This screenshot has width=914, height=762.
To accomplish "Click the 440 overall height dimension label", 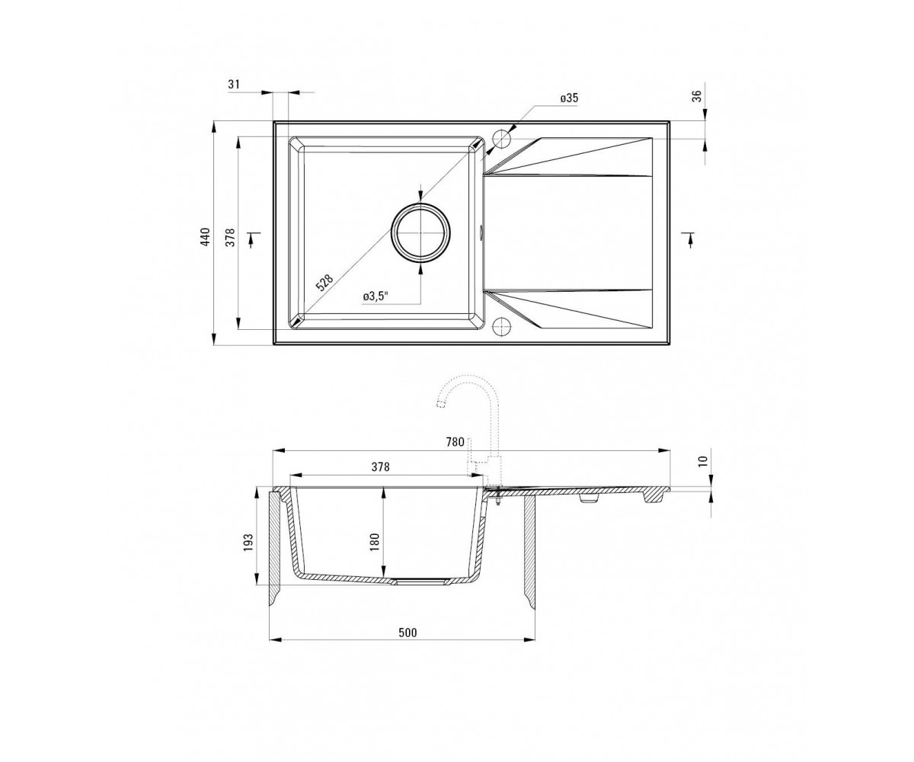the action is click(x=206, y=237).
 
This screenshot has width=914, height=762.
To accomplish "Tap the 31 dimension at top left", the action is click(x=234, y=84).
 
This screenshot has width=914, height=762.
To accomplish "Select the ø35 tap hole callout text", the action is click(x=569, y=98).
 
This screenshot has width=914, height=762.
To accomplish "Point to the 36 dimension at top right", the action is click(x=698, y=96).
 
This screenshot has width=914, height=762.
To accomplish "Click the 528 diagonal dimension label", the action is click(x=324, y=283).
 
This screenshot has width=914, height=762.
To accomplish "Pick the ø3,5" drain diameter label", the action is click(x=376, y=296).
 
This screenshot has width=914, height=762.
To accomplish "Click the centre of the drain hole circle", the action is click(x=420, y=233).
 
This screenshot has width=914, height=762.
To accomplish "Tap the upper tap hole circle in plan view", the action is click(x=502, y=139).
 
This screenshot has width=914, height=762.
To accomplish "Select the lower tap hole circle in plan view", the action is click(x=502, y=327).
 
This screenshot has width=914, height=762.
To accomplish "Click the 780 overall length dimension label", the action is click(x=455, y=442).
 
